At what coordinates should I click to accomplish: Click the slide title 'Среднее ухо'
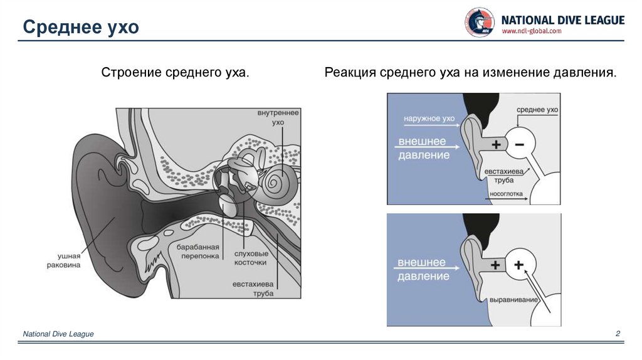click(x=81, y=28)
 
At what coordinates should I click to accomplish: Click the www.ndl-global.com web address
click(x=531, y=31)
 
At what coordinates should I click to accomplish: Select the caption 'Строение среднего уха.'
click(x=176, y=73)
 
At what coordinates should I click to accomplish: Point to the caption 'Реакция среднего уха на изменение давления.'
click(x=470, y=73)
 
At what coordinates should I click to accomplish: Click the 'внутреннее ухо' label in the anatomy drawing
click(x=278, y=117)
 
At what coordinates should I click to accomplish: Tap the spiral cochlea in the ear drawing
click(x=276, y=183)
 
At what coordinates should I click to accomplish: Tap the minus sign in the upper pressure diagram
click(x=519, y=144)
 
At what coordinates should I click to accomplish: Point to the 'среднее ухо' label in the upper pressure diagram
click(x=537, y=110)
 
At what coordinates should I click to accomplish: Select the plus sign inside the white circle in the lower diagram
click(x=518, y=265)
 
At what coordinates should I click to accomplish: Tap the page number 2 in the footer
click(x=618, y=334)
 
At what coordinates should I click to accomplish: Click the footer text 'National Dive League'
click(x=58, y=334)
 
